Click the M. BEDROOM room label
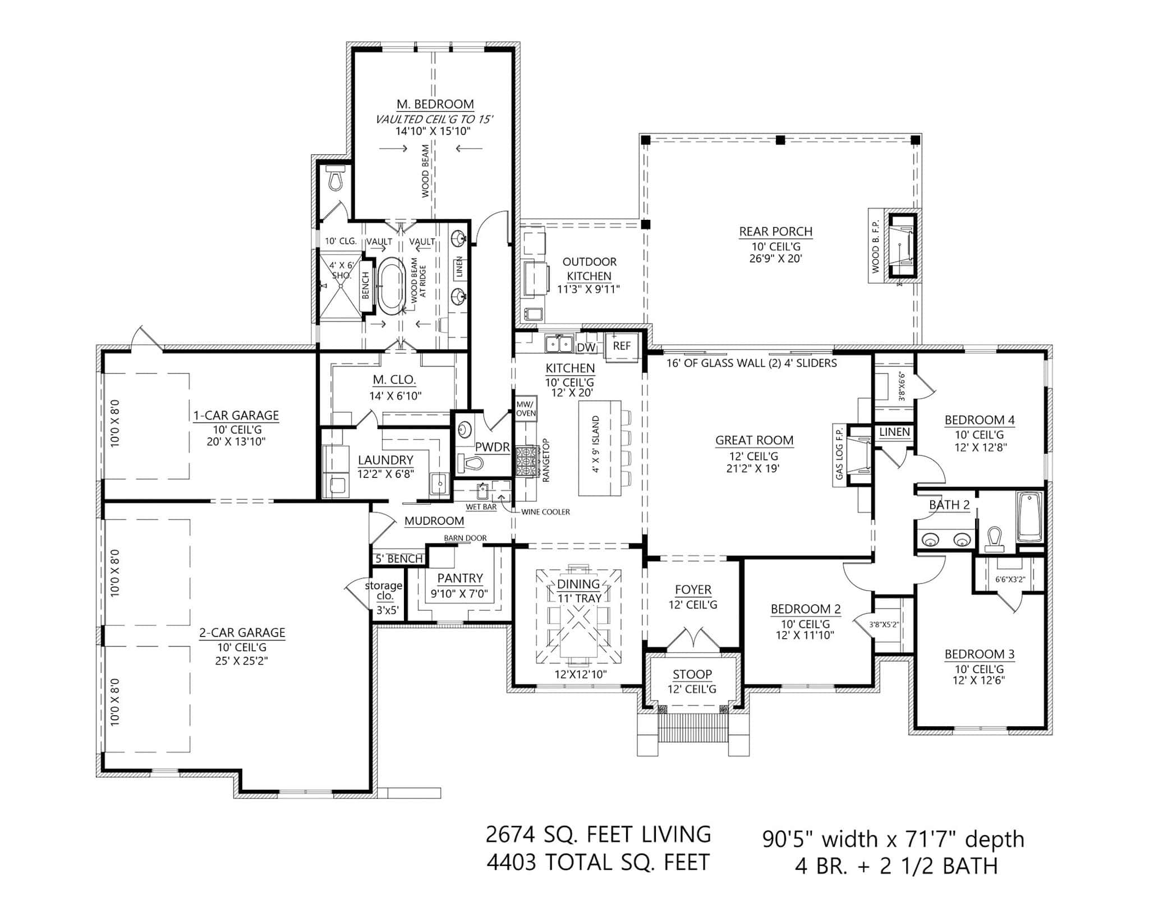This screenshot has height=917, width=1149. [435, 104]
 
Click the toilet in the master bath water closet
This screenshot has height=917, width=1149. [335, 178]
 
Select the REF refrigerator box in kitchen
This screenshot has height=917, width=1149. [622, 347]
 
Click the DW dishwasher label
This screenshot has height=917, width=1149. [585, 348]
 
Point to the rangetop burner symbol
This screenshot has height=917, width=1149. [526, 460]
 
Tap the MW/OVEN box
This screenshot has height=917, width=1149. [526, 408]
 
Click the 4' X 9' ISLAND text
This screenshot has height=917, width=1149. [596, 444]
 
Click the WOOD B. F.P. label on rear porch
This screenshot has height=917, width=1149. [876, 246]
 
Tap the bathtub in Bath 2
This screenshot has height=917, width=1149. [1029, 517]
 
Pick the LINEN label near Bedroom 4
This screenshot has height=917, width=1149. [894, 432]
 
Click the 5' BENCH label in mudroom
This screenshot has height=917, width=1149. [399, 559]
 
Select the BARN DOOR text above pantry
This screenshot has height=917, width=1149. [465, 538]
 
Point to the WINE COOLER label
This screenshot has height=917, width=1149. [545, 512]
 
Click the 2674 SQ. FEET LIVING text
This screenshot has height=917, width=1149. [598, 834]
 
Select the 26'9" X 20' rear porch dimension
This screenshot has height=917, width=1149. [776, 259]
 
